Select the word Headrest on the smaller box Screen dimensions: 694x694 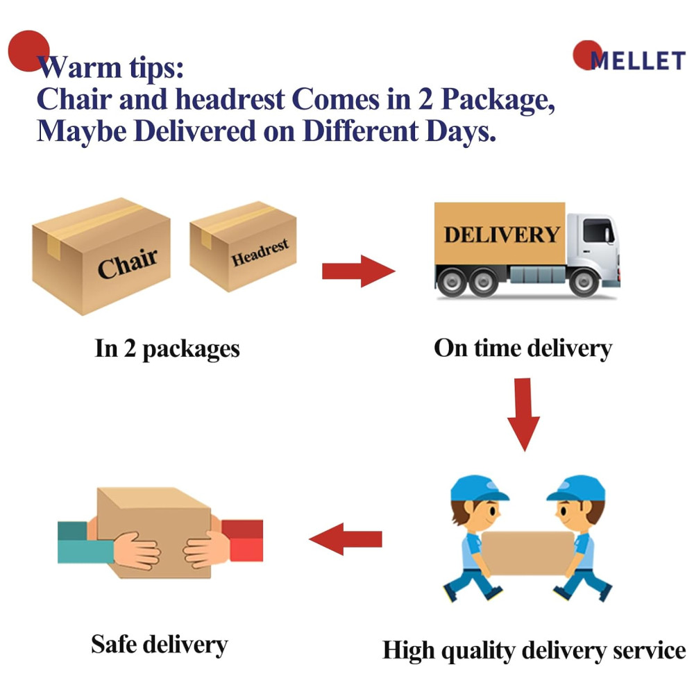260,253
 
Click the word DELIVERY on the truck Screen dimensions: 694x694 501,235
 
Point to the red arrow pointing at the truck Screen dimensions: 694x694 357,271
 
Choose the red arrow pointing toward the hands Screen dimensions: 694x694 346,539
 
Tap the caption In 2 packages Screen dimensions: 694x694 167,348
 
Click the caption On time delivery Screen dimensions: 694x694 523,348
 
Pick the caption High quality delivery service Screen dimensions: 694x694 534,651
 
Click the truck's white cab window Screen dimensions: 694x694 598,230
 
